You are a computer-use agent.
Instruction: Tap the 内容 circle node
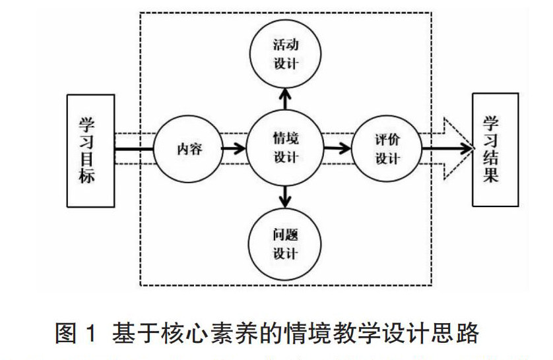click(188, 149)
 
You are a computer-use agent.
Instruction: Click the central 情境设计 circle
click(285, 148)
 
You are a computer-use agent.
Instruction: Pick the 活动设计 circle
click(285, 54)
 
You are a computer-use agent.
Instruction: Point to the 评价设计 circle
click(387, 149)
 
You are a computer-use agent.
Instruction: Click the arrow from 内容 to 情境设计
click(232, 149)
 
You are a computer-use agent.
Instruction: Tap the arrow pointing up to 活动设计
click(285, 99)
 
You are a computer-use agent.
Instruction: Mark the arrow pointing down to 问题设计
click(285, 196)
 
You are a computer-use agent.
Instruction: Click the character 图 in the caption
click(67, 334)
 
